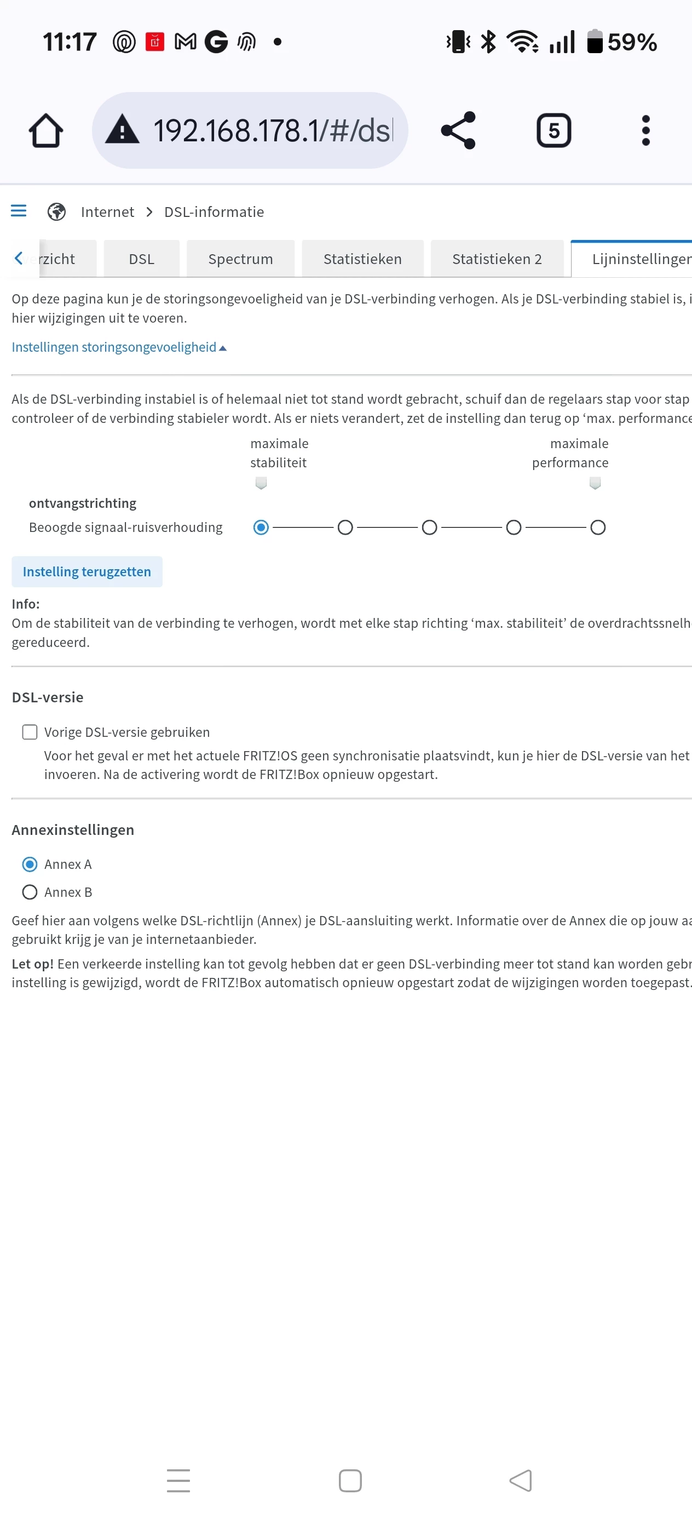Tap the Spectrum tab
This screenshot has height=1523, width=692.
(x=240, y=259)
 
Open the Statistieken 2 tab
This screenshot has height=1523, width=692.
(x=497, y=259)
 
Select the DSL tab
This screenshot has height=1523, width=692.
(x=141, y=259)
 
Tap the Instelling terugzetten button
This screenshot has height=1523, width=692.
(x=87, y=572)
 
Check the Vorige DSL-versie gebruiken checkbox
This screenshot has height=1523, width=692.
(x=30, y=732)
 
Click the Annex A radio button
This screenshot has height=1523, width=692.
(x=30, y=864)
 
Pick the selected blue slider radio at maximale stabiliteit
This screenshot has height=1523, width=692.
(x=261, y=528)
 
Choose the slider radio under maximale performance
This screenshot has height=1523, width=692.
(x=597, y=528)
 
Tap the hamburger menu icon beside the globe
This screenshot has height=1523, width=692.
(x=19, y=211)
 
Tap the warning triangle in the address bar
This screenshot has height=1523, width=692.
(x=122, y=130)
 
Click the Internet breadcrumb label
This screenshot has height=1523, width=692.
(x=107, y=211)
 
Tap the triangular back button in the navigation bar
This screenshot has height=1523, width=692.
(x=521, y=1480)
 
